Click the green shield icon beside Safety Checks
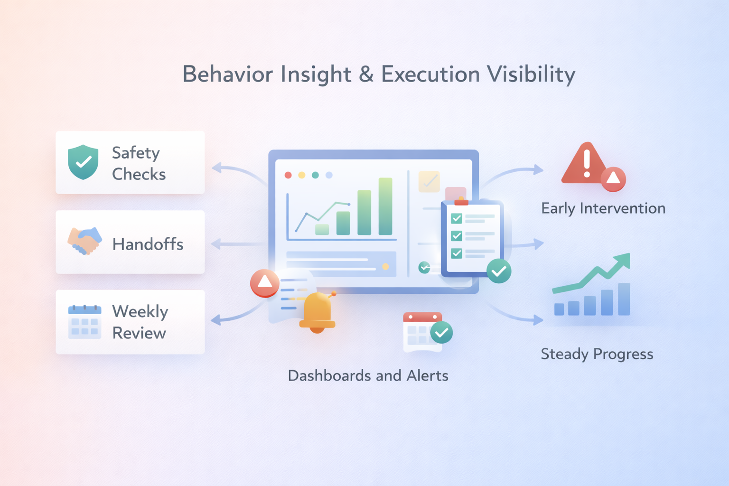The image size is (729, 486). tap(83, 162)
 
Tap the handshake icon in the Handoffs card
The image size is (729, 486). tap(84, 241)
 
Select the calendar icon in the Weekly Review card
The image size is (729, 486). tap(84, 321)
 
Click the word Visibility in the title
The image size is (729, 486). tap(531, 75)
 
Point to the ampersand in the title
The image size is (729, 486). tap(366, 75)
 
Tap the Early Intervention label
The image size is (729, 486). tap(603, 208)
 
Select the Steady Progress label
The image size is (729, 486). tap(597, 354)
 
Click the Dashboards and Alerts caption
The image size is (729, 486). tap(368, 376)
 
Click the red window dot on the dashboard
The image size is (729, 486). tap(288, 175)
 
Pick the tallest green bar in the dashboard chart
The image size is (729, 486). tap(385, 206)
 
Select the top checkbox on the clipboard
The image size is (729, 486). tap(457, 218)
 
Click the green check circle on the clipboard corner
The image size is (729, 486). tap(499, 271)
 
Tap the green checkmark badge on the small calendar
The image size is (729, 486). tap(441, 332)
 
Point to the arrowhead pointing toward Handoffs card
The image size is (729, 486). tap(215, 244)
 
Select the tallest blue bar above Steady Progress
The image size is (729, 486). tap(624, 299)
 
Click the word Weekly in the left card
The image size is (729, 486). tap(140, 312)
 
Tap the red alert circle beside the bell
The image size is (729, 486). tap(264, 283)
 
